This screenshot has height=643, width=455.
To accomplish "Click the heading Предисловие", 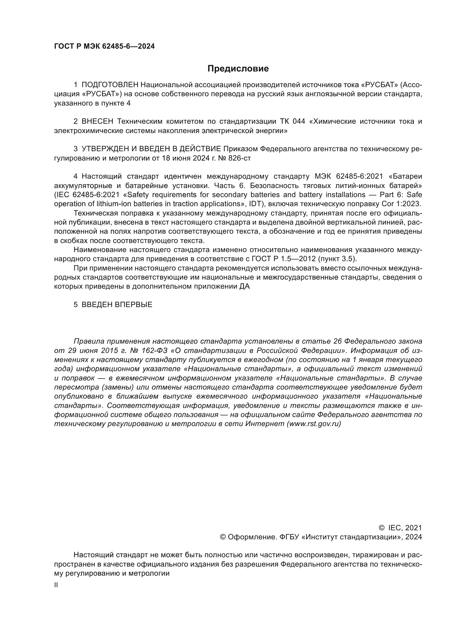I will [x=238, y=69].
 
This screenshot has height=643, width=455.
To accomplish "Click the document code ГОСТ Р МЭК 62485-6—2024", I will [x=104, y=46].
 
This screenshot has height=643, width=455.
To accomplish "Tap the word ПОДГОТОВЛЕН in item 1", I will [x=110, y=85].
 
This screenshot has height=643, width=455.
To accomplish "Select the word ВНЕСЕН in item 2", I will [x=97, y=121].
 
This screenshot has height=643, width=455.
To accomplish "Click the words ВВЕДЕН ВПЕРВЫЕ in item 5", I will [x=117, y=305].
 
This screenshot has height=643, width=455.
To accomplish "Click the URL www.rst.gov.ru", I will [x=314, y=424].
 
